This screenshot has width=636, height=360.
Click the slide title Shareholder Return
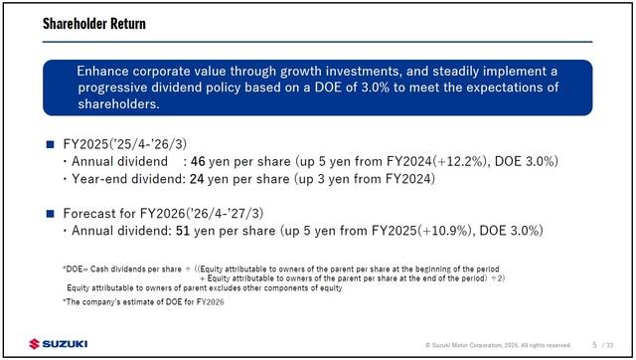point(94,24)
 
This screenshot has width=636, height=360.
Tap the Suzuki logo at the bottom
point(59,344)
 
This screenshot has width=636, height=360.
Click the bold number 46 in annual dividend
point(198,161)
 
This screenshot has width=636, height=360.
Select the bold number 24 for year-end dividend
point(197,179)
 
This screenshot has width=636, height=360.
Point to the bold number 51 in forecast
point(183,231)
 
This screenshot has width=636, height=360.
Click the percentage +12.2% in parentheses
point(459,161)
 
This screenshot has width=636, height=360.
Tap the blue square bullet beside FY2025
point(51,144)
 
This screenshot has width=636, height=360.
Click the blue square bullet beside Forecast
point(51,214)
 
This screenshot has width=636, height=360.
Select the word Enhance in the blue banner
point(102,71)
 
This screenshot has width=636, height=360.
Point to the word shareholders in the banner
point(118,103)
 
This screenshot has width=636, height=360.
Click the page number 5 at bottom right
point(594,345)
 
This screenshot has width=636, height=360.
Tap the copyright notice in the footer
point(498,345)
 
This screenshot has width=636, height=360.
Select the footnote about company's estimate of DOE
point(143,302)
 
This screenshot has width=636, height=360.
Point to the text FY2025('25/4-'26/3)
point(125,144)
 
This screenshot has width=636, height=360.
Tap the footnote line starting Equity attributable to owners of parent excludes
point(205,288)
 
